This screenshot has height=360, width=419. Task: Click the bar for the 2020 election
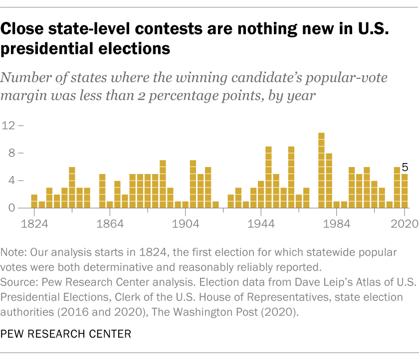click(x=405, y=191)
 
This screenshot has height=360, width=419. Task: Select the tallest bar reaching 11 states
click(x=321, y=171)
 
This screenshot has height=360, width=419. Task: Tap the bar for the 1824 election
click(x=34, y=201)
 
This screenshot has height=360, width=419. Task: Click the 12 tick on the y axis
click(x=10, y=125)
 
